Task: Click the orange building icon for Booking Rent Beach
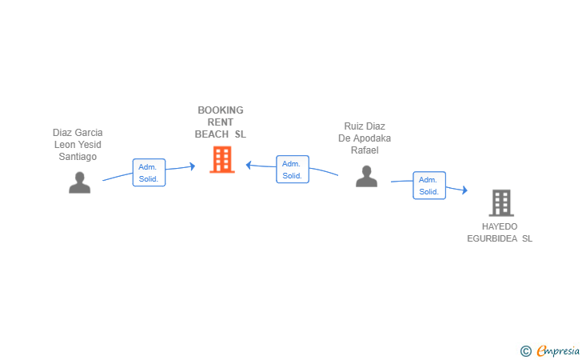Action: [222, 159]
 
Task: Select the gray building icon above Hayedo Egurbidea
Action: [501, 203]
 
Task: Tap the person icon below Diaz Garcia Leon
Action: [79, 182]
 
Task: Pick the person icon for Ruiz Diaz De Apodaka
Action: [366, 176]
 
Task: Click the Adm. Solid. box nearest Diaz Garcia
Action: [149, 172]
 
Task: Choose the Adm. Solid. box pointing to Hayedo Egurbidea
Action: [429, 186]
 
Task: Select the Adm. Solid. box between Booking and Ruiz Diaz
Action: [293, 169]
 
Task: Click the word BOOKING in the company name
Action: [221, 110]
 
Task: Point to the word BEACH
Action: [212, 134]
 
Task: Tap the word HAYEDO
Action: [500, 226]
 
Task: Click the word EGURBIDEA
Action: [492, 238]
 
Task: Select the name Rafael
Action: [365, 150]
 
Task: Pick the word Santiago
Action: [78, 157]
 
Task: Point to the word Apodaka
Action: [372, 138]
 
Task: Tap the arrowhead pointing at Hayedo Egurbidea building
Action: [464, 190]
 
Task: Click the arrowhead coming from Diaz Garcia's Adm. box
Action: [193, 166]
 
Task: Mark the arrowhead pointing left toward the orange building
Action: [249, 165]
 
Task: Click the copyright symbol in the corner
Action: [525, 351]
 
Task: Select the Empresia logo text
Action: [558, 351]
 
